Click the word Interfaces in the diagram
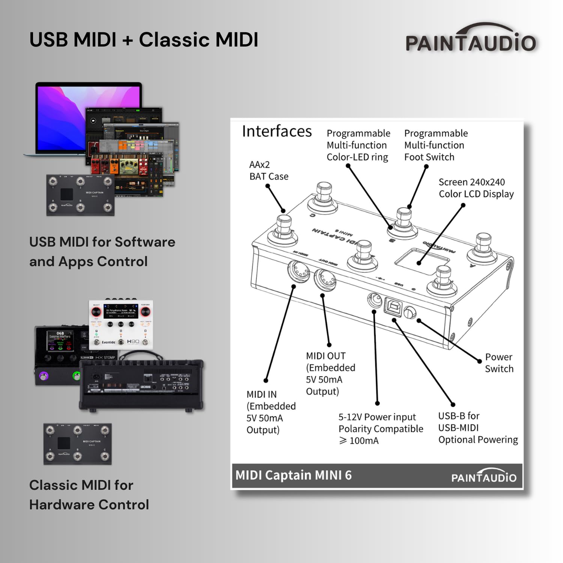(x=277, y=131)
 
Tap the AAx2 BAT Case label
(x=268, y=170)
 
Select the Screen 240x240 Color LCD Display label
(x=476, y=188)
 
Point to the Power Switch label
(x=499, y=363)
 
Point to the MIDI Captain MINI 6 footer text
(x=294, y=475)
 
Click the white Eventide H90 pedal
(x=121, y=324)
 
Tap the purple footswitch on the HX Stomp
(x=44, y=376)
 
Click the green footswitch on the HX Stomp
(x=77, y=376)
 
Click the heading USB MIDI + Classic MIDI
(x=144, y=40)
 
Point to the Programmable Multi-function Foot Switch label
(x=435, y=145)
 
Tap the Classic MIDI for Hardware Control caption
(x=89, y=495)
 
